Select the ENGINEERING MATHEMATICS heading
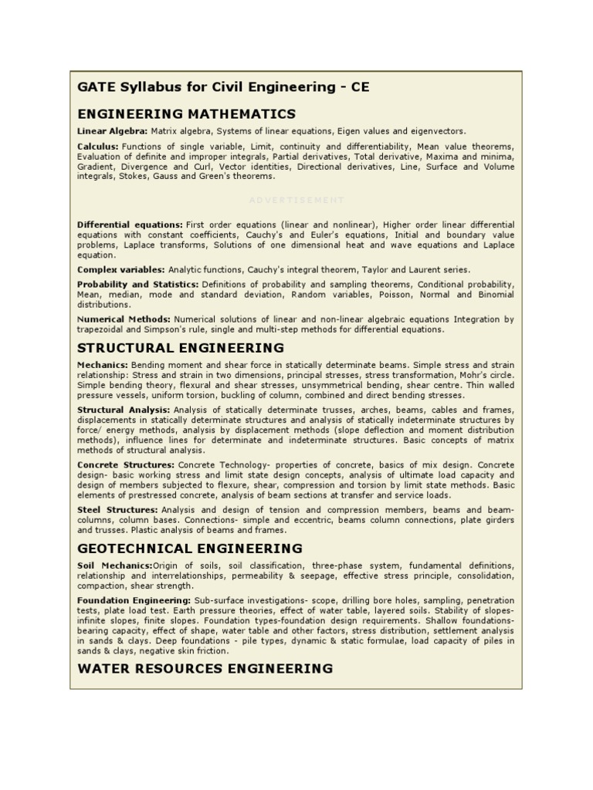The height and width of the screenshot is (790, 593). coord(186,114)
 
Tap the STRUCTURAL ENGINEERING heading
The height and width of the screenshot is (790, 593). coord(181,348)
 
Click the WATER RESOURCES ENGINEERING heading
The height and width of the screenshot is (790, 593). coord(205,668)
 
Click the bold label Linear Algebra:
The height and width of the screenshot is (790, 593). coord(112,131)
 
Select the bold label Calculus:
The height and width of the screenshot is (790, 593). coord(97,146)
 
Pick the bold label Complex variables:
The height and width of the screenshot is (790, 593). coord(120,269)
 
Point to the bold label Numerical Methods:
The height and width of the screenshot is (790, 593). coord(124,319)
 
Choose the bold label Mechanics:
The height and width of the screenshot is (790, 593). coord(103,364)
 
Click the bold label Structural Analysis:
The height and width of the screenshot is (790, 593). coord(124,409)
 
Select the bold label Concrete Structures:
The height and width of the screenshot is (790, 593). coord(126,465)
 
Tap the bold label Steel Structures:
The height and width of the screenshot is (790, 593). coord(117,510)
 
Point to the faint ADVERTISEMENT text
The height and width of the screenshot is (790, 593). coord(296,200)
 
